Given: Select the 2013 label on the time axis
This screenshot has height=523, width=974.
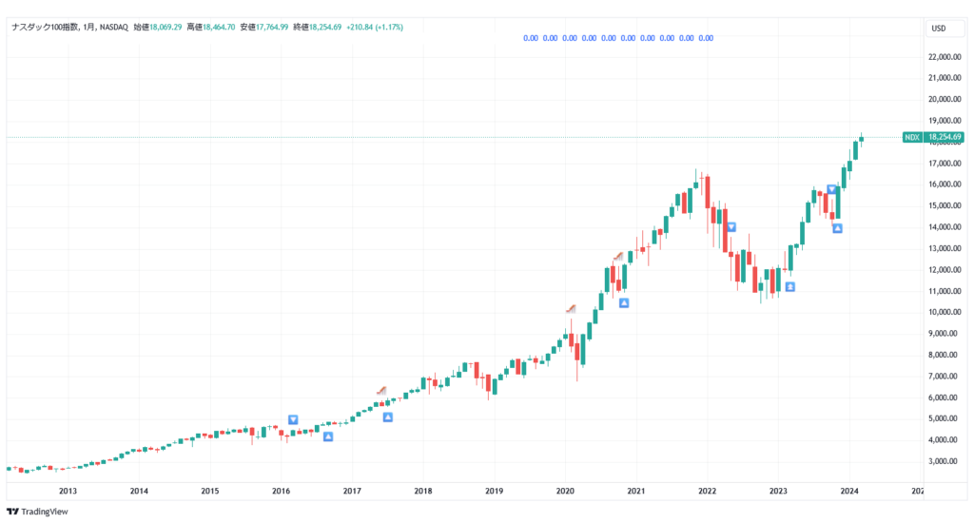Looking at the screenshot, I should pyautogui.click(x=68, y=492).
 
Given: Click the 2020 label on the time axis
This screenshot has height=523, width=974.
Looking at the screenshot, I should pyautogui.click(x=565, y=492).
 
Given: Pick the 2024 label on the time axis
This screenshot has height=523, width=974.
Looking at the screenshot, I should pyautogui.click(x=849, y=492).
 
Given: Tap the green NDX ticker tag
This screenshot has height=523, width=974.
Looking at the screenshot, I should pyautogui.click(x=911, y=138).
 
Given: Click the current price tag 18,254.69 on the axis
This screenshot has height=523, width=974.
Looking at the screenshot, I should pyautogui.click(x=945, y=138).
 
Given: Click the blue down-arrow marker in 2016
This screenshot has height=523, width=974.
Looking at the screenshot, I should pyautogui.click(x=293, y=419).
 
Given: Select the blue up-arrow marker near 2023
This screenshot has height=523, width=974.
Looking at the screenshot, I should pyautogui.click(x=789, y=286).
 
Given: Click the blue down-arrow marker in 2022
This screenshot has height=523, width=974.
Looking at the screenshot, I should pyautogui.click(x=731, y=226).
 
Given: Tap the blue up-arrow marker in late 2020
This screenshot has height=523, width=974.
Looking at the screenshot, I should pyautogui.click(x=624, y=303).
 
